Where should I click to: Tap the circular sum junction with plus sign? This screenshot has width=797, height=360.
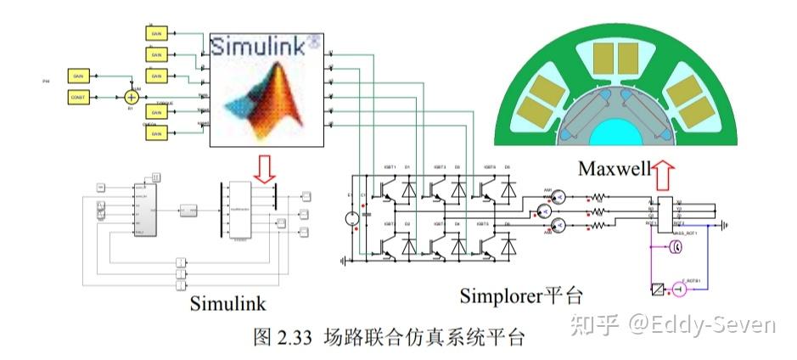click(x=131, y=98)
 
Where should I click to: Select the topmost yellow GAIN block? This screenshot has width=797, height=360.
click(x=155, y=32)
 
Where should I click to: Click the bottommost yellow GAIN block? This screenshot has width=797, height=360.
click(x=155, y=132)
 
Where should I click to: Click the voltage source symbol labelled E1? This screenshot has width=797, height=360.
click(x=351, y=219)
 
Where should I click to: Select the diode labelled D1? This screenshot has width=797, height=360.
click(x=407, y=189)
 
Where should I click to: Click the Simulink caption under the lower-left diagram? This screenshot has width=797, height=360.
click(x=227, y=303)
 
